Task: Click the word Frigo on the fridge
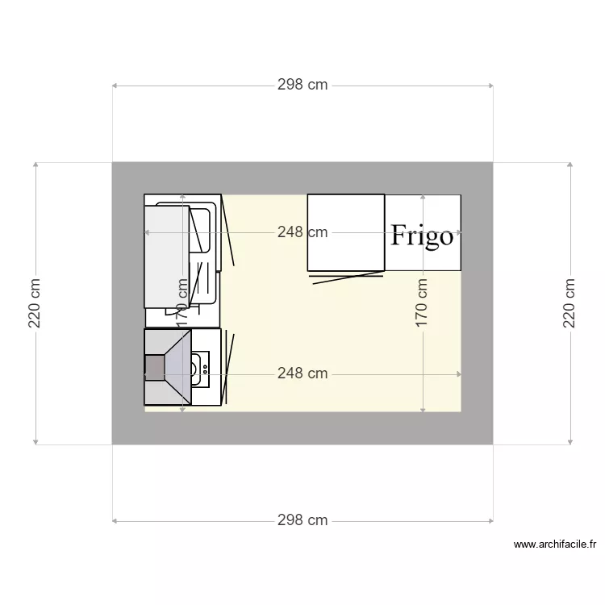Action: (x=422, y=236)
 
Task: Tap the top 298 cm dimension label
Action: (x=302, y=85)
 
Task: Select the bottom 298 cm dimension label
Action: (x=302, y=520)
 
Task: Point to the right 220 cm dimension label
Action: (x=570, y=303)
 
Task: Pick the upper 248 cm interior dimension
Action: (x=302, y=232)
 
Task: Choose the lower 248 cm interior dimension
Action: (x=302, y=373)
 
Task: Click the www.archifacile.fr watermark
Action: (x=554, y=545)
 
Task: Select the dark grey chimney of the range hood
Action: (x=154, y=367)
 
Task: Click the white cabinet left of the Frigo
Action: (x=345, y=232)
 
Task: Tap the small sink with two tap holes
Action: (x=200, y=368)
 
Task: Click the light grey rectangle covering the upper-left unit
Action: (x=166, y=257)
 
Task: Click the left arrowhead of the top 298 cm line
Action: (x=115, y=85)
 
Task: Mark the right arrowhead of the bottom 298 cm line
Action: (x=490, y=520)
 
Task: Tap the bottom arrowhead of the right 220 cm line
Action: (x=570, y=440)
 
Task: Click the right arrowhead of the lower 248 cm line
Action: (x=458, y=374)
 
